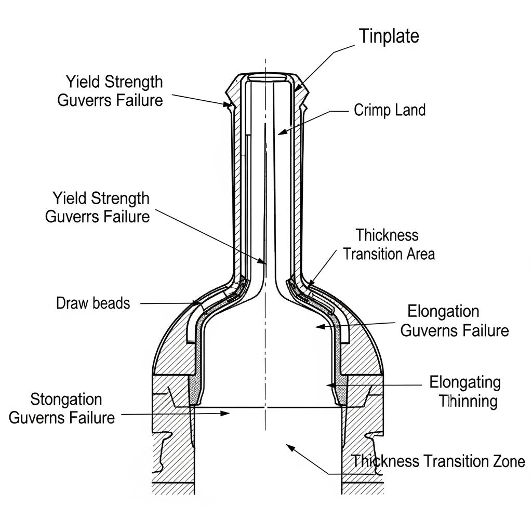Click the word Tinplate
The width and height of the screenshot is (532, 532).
[x=389, y=36]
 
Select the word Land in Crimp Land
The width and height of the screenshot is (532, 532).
[x=410, y=110]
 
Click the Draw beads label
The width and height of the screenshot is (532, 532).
[x=93, y=303]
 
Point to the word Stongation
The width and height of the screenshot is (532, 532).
[x=66, y=400]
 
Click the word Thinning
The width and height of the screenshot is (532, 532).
[x=468, y=401]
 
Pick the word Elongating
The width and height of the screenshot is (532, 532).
[x=465, y=382]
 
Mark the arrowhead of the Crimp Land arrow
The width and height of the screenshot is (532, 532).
[x=280, y=133]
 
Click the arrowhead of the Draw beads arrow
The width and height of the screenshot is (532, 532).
[x=197, y=303]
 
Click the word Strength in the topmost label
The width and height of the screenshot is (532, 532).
[x=134, y=82]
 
